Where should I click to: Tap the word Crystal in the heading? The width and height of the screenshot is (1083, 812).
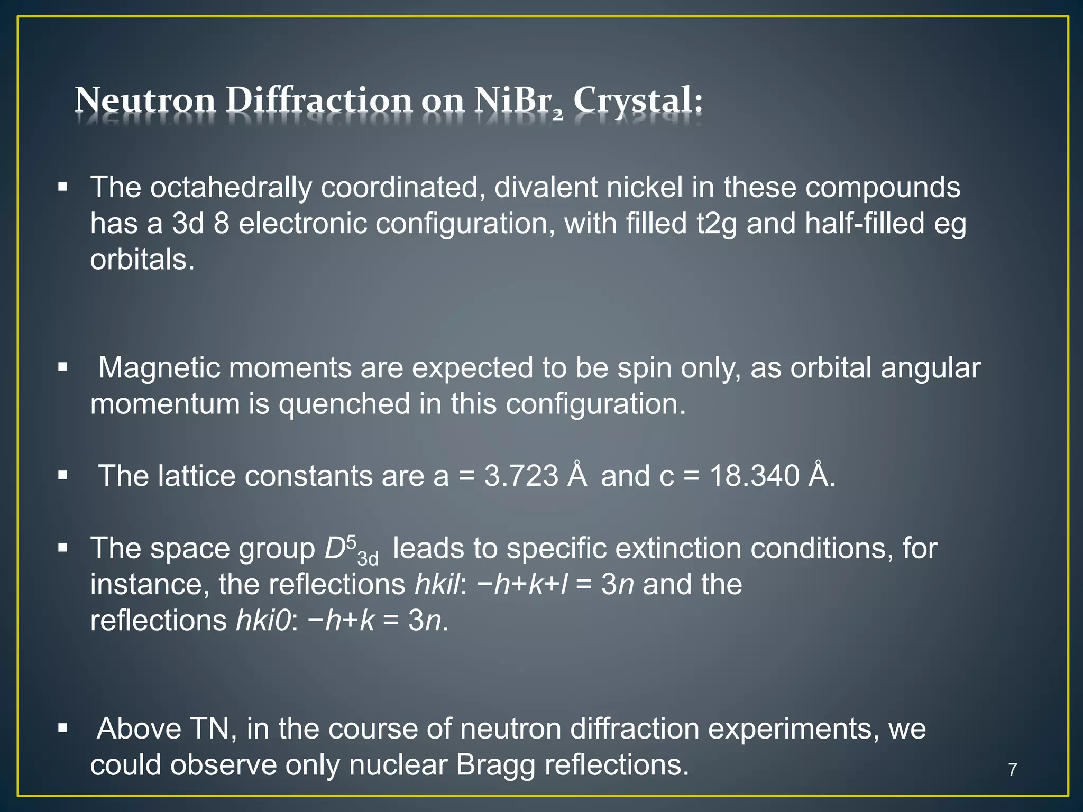tap(637, 100)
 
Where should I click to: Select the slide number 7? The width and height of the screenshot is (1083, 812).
tap(1012, 769)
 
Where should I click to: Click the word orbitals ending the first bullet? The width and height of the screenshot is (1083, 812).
tap(142, 260)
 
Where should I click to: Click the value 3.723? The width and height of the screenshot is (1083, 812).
tap(521, 476)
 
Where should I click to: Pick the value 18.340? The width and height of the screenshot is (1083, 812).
tap(754, 476)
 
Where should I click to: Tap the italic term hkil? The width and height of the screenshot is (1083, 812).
tap(437, 585)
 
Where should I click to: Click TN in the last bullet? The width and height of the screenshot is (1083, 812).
tap(210, 729)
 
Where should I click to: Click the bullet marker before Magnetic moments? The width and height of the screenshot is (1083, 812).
tap(63, 367)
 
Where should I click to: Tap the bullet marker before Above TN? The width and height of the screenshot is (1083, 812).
tap(63, 728)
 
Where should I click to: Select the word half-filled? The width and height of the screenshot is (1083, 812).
tap(864, 224)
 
